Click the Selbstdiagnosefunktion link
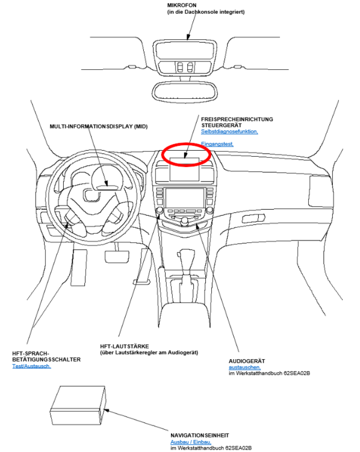tap(229, 131)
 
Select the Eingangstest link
tap(217, 144)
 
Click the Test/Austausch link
tap(31, 366)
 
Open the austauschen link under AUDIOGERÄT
tap(244, 367)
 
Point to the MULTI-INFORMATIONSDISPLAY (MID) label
tap(99, 126)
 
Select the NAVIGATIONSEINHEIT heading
tap(200, 435)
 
